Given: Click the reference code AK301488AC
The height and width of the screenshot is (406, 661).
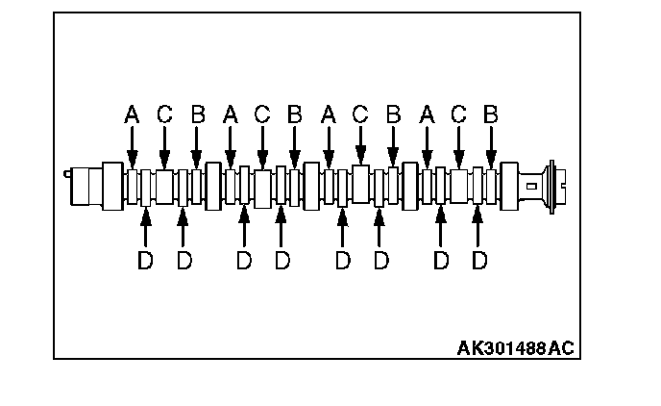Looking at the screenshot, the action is pyautogui.click(x=515, y=346).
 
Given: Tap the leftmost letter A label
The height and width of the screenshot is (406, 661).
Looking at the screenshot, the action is pyautogui.click(x=133, y=114).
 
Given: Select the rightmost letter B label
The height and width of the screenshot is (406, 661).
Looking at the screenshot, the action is pyautogui.click(x=491, y=114).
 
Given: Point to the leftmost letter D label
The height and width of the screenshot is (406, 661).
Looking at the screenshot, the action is pyautogui.click(x=145, y=261).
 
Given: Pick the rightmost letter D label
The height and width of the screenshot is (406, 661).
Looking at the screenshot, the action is pyautogui.click(x=479, y=261).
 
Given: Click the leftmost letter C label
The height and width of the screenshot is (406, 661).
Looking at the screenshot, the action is pyautogui.click(x=164, y=114).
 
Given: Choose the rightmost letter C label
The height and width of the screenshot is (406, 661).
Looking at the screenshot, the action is pyautogui.click(x=459, y=114).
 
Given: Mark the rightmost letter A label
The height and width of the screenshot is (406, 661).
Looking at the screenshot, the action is pyautogui.click(x=428, y=114).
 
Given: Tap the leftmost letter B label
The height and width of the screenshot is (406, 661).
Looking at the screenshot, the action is pyautogui.click(x=197, y=114).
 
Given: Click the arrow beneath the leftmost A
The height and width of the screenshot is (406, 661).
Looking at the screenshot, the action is pyautogui.click(x=133, y=149).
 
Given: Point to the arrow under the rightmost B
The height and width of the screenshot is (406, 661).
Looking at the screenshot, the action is pyautogui.click(x=491, y=149).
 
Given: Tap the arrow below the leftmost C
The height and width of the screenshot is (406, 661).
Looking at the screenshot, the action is pyautogui.click(x=164, y=149).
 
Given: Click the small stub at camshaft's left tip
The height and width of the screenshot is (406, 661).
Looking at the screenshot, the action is pyautogui.click(x=66, y=174).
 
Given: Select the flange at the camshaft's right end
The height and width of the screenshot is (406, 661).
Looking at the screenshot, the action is pyautogui.click(x=551, y=181).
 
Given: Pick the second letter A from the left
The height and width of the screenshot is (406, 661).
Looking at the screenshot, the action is pyautogui.click(x=231, y=114).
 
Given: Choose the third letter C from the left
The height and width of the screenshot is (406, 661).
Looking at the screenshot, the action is pyautogui.click(x=360, y=114).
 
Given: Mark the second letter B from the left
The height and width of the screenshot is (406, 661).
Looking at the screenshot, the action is pyautogui.click(x=295, y=114).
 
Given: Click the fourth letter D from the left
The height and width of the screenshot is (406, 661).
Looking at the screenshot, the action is pyautogui.click(x=282, y=261).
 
